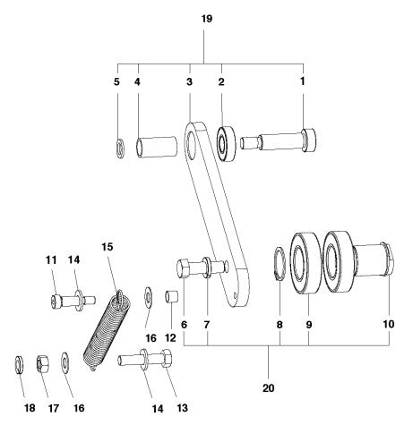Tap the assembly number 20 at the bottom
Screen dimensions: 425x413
(270, 389)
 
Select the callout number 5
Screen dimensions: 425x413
(116, 81)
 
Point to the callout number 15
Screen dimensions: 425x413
(108, 247)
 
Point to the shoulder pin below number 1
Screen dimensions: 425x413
(287, 140)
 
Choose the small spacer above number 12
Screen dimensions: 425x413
(174, 296)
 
